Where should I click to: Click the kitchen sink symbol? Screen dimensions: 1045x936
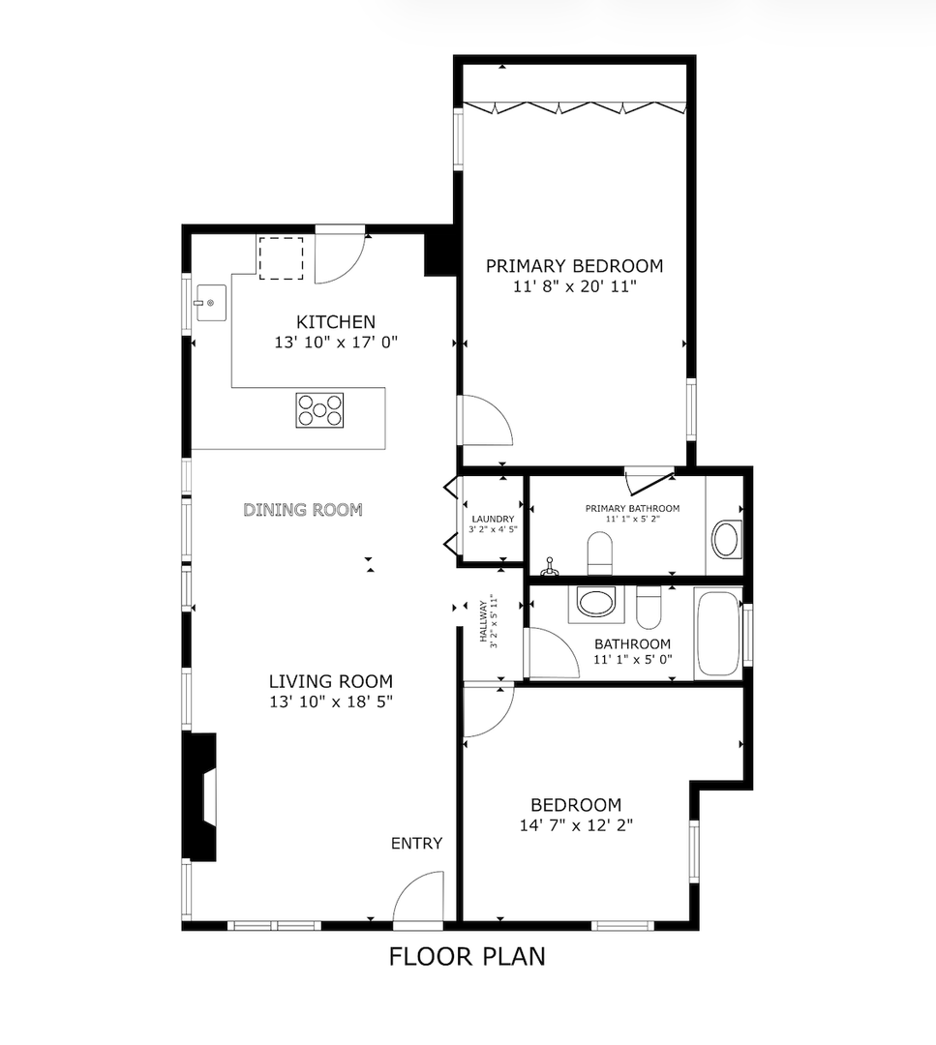tap(209, 303)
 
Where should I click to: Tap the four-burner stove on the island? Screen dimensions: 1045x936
tap(320, 410)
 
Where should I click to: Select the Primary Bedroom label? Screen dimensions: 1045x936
tap(574, 266)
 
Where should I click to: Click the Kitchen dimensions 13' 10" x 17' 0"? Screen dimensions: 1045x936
tap(336, 342)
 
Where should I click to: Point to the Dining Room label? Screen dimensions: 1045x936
tap(303, 509)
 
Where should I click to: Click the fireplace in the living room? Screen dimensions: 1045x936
tap(201, 796)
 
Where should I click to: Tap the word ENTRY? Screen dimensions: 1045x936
tap(416, 844)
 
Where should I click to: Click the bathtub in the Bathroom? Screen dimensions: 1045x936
tap(716, 634)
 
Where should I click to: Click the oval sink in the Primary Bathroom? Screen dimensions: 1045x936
tap(727, 539)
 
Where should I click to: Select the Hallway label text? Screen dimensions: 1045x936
tap(486, 624)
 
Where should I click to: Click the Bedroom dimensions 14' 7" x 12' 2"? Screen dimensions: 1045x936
tap(575, 825)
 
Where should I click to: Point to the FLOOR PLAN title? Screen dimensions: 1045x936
tap(467, 957)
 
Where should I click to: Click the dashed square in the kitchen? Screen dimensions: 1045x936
tap(281, 257)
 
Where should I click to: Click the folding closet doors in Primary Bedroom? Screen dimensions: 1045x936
tap(574, 106)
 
